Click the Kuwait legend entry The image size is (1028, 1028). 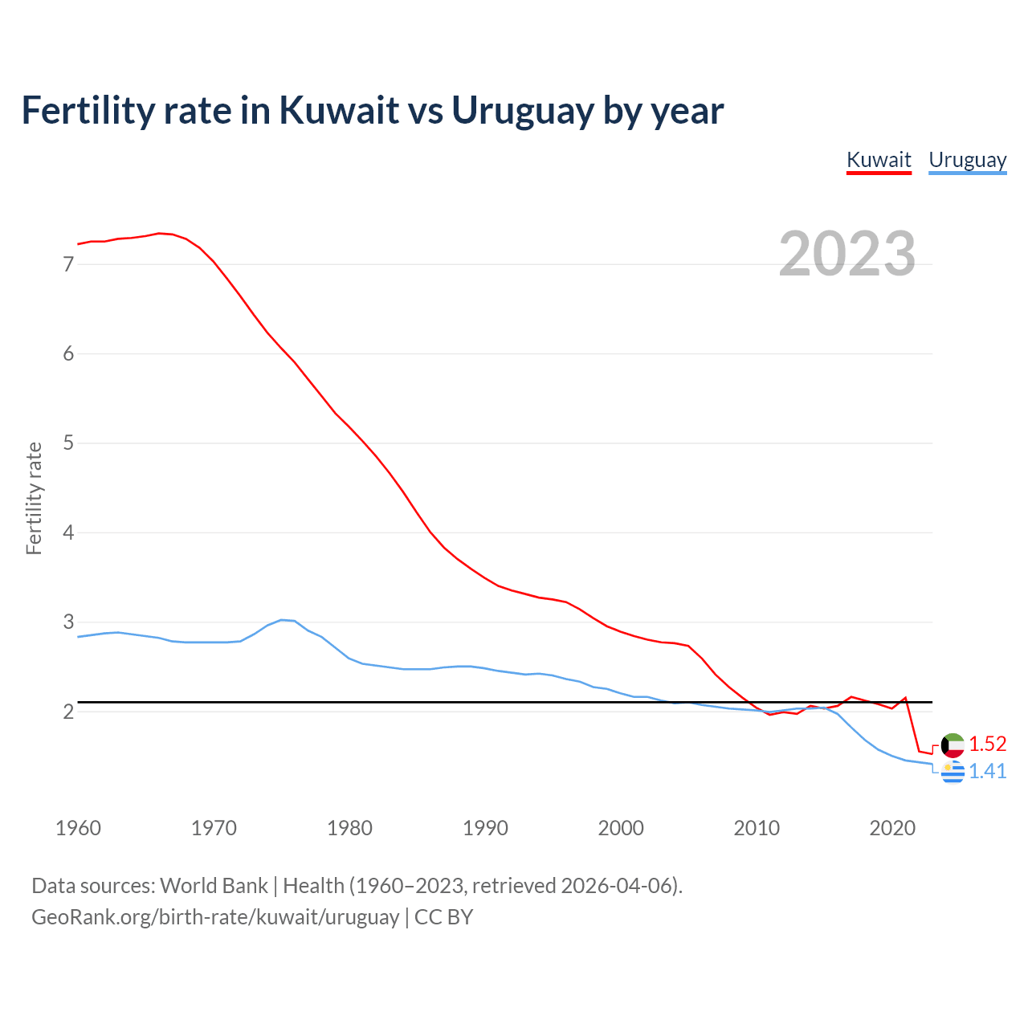pos(879,160)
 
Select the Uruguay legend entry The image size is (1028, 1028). pos(967,160)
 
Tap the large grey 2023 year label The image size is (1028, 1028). pos(847,254)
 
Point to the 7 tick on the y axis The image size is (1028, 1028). pos(68,264)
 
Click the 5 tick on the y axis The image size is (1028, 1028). pos(68,443)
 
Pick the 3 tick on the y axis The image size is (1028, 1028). pos(68,622)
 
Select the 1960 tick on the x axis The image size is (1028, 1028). pos(78,828)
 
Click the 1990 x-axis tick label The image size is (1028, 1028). pos(485,828)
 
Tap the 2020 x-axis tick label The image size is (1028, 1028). pos(892,828)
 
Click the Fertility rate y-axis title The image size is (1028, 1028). pos(34,498)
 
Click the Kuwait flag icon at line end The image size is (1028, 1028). pos(953,744)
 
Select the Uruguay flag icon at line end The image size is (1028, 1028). pos(953,772)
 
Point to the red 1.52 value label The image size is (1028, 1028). pos(987,744)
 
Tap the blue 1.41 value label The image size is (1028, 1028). pos(987,771)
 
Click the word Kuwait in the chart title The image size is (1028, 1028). pos(339,110)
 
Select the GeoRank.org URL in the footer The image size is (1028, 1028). pos(215,916)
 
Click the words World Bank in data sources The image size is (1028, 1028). pos(214,886)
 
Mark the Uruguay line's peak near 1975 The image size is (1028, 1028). pos(281,620)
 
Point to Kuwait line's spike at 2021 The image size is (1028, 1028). pos(905,698)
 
